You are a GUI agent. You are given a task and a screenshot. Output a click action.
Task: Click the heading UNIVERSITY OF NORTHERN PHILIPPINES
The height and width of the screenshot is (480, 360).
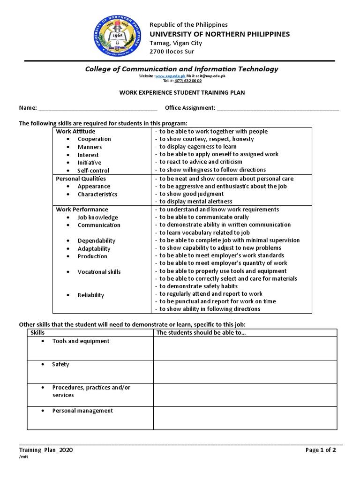(x=219, y=34)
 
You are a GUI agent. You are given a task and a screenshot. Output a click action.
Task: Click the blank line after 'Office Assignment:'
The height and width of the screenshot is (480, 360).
(x=278, y=108)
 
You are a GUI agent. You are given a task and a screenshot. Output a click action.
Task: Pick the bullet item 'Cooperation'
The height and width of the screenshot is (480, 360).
(x=94, y=139)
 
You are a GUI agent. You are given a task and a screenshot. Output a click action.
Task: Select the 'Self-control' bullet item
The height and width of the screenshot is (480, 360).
(x=93, y=171)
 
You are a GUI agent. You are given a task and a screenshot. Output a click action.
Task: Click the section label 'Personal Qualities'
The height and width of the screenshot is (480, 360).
(x=81, y=179)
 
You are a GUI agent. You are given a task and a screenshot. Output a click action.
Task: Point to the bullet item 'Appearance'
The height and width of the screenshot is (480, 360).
(x=94, y=187)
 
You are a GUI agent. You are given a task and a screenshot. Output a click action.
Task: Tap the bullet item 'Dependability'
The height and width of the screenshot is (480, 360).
(x=97, y=241)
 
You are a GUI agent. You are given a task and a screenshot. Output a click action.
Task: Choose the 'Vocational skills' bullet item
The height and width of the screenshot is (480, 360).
(x=99, y=272)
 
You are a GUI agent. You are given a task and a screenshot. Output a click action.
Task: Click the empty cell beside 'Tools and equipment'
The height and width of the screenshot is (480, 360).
(x=245, y=348)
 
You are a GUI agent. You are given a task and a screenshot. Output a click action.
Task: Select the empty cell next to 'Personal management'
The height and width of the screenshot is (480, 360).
(x=245, y=418)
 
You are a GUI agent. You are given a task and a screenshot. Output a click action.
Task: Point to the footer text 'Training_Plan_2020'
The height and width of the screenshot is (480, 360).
(x=45, y=450)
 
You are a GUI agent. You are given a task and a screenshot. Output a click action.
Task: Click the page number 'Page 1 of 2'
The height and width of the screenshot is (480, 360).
(x=321, y=450)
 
